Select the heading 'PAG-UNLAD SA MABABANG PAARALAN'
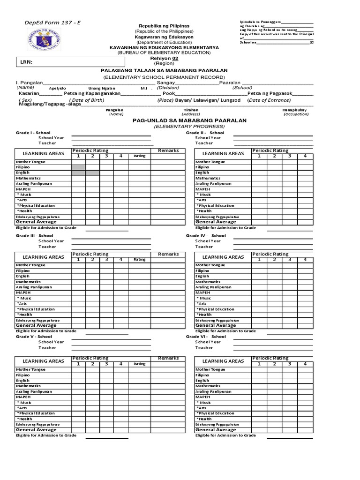click(x=189, y=120)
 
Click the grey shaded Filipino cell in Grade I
click(x=78, y=167)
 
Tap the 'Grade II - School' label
click(x=205, y=133)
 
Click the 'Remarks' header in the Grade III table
click(x=168, y=254)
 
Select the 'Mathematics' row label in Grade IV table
click(x=208, y=282)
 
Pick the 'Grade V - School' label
click(x=34, y=337)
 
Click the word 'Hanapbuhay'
click(x=294, y=110)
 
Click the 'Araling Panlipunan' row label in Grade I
click(x=34, y=184)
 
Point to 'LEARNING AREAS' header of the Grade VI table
click(x=223, y=361)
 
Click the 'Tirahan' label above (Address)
click(x=191, y=110)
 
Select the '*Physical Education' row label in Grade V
click(x=36, y=413)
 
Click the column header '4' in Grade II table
click(x=305, y=156)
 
